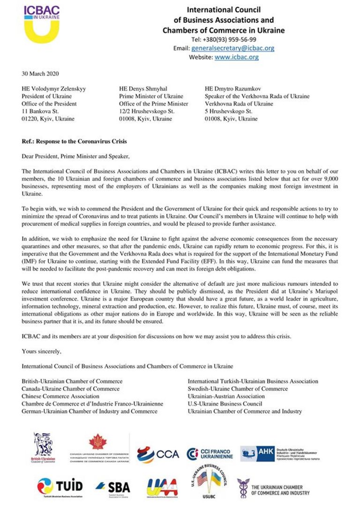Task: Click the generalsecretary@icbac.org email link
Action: (233, 48)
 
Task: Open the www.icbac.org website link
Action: (236, 57)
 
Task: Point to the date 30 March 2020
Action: (40, 74)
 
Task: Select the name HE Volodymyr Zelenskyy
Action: (54, 89)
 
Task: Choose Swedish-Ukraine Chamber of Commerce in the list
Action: (238, 389)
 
